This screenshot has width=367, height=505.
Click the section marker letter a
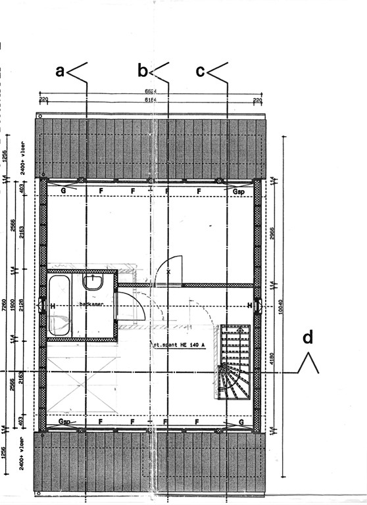click(x=60, y=71)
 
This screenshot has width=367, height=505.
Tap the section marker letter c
click(x=201, y=71)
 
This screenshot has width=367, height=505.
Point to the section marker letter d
click(x=307, y=338)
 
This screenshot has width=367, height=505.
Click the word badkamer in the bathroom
click(x=91, y=304)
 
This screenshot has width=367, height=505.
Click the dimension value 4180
click(x=271, y=361)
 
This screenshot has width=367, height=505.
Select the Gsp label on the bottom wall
click(x=64, y=421)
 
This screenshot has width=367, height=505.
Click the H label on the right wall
click(x=249, y=306)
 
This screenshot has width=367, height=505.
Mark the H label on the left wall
click(x=52, y=306)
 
